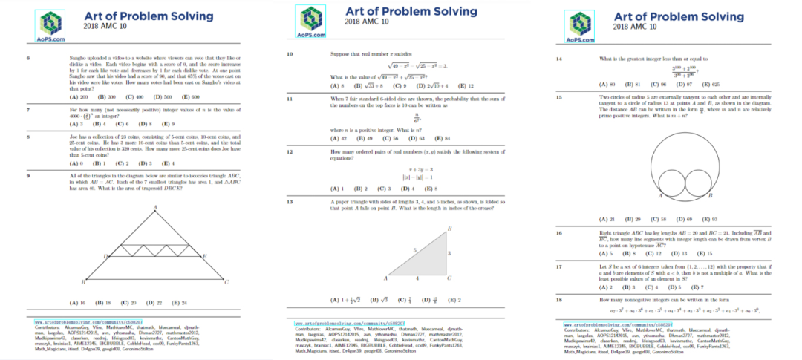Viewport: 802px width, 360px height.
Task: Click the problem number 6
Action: (x=28, y=56)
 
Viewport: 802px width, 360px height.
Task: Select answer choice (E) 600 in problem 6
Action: (x=190, y=97)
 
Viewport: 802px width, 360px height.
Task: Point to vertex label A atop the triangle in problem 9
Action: (x=154, y=206)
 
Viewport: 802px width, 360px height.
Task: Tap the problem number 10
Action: (x=290, y=54)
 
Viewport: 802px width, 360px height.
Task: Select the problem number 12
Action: (x=290, y=151)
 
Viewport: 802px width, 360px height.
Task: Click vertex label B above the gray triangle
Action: (x=450, y=227)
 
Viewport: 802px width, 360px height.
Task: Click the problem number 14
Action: (x=559, y=58)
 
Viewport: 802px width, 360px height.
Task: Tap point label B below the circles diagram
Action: (x=710, y=195)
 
